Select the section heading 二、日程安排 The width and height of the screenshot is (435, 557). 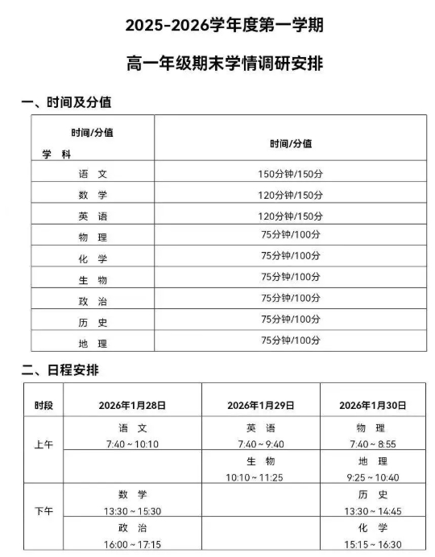(x=65, y=370)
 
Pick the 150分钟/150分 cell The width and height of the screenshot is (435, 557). (x=290, y=174)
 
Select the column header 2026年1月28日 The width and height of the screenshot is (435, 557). (x=132, y=405)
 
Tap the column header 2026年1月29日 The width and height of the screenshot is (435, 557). (x=260, y=405)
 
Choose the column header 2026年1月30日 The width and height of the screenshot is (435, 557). (x=372, y=405)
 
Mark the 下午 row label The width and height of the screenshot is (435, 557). (x=43, y=511)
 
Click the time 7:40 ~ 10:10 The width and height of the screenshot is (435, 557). (x=132, y=444)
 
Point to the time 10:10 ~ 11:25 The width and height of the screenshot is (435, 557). (x=260, y=477)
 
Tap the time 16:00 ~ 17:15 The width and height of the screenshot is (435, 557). (x=132, y=544)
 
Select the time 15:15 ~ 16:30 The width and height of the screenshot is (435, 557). (x=372, y=544)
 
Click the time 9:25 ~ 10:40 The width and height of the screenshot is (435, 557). (x=372, y=477)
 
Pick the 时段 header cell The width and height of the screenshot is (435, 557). (x=43, y=405)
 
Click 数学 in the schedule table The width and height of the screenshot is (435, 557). (x=132, y=494)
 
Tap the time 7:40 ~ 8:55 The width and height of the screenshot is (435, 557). (x=372, y=444)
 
